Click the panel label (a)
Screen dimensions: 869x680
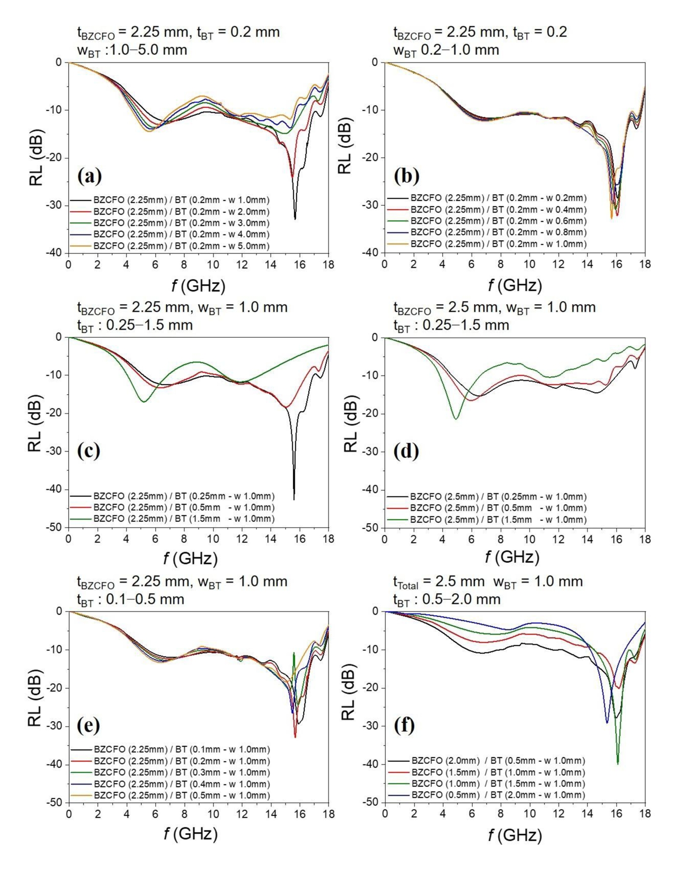[x=90, y=176]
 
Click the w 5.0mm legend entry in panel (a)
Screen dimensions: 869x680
[x=181, y=246]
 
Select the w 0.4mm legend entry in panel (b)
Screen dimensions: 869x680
[x=498, y=210]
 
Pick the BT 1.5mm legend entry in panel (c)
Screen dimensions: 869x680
[x=183, y=519]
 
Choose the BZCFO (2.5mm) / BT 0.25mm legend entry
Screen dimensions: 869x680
[x=498, y=497]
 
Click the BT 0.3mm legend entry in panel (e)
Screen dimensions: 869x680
[x=181, y=773]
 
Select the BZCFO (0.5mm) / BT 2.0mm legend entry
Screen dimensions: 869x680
[x=498, y=795]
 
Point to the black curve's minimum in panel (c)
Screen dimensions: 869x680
[x=294, y=500]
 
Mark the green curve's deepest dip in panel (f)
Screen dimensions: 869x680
[x=618, y=763]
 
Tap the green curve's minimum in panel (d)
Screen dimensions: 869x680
[x=456, y=419]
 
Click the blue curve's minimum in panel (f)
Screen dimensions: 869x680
[x=607, y=723]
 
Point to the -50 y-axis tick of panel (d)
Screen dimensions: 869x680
[x=370, y=528]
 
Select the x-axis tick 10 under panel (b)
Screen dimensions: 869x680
[x=529, y=265]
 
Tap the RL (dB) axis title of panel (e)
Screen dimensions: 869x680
[x=35, y=698]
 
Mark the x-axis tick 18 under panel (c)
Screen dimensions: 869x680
[x=328, y=539]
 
